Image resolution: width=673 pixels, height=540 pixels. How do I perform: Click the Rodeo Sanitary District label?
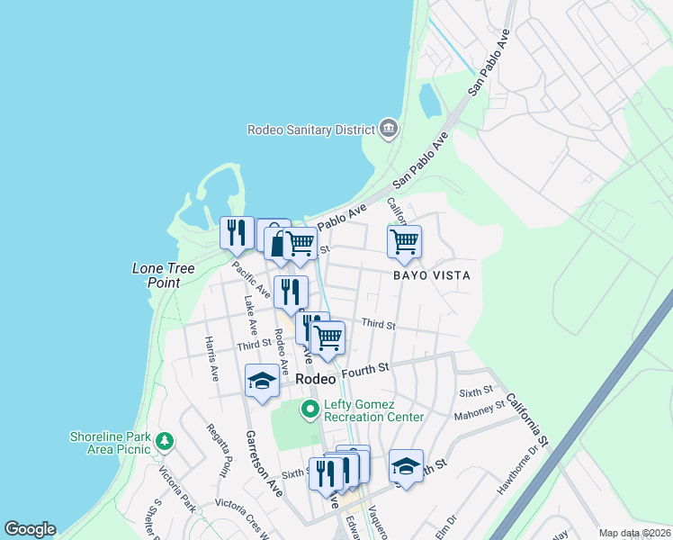coord(310,130)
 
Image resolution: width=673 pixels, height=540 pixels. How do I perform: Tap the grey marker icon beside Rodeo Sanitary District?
coord(389,129)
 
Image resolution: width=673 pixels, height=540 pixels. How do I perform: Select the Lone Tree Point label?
coord(157,275)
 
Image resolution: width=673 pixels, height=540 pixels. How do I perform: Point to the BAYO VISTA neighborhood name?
coord(431,275)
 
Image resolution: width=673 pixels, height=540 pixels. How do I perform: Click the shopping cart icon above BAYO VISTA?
coord(404,240)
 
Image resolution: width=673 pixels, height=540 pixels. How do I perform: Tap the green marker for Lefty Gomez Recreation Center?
coord(310,410)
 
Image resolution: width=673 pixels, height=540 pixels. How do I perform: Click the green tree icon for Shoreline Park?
coord(164,441)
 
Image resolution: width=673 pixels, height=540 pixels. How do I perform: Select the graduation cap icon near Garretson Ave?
coord(262,379)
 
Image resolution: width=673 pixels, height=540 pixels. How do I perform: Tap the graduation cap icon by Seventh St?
coord(406,465)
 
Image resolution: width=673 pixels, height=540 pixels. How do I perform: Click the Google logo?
coord(30,529)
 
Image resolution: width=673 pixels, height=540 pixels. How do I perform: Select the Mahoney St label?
coord(480,408)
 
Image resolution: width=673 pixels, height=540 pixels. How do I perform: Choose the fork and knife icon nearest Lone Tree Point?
coord(236,232)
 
